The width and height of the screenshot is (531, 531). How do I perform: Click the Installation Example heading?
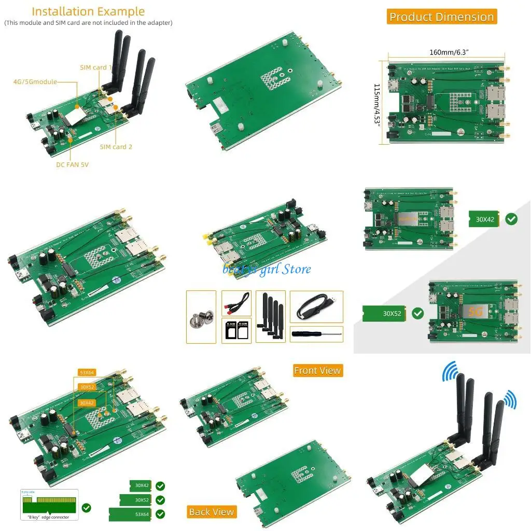coord(88,11)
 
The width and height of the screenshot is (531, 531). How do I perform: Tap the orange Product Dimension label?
coord(441,17)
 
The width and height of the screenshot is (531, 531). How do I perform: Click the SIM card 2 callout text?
coord(116,147)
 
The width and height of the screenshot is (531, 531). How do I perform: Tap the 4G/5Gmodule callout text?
coord(35,81)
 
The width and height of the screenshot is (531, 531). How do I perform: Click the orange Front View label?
coord(317,370)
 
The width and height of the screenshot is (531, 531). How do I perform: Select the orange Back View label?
coord(212,512)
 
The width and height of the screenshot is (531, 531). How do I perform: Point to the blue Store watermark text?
coord(267,269)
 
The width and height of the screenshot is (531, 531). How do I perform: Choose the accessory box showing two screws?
coord(201,316)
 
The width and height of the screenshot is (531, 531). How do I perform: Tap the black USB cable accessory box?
coord(316,307)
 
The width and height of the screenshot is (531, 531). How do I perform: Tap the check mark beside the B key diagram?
coord(86,508)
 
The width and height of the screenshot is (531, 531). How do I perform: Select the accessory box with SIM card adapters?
coord(236,331)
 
